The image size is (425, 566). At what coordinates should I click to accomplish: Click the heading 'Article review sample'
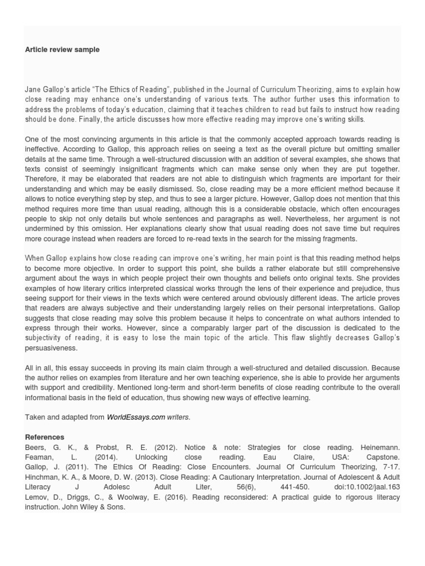62,50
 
